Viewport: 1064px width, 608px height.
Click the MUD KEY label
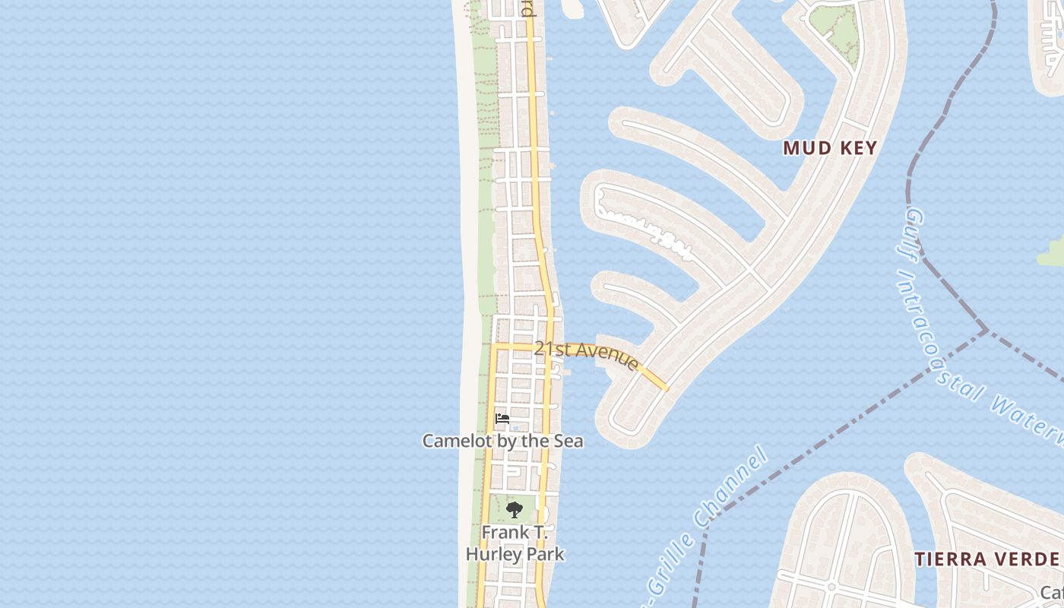[830, 148]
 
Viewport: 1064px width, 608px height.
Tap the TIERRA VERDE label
[986, 559]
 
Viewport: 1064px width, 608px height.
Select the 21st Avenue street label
[585, 354]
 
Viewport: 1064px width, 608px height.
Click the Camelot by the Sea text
[502, 441]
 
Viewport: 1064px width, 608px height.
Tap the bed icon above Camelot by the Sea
[502, 419]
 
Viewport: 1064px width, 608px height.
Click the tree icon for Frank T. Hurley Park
[515, 510]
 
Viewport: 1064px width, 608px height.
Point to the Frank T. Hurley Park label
[515, 543]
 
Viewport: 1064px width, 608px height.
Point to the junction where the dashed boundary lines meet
[986, 331]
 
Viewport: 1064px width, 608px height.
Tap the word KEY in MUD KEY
[859, 148]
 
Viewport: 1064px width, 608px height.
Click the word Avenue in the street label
[608, 358]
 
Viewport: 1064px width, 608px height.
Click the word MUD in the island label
[803, 148]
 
